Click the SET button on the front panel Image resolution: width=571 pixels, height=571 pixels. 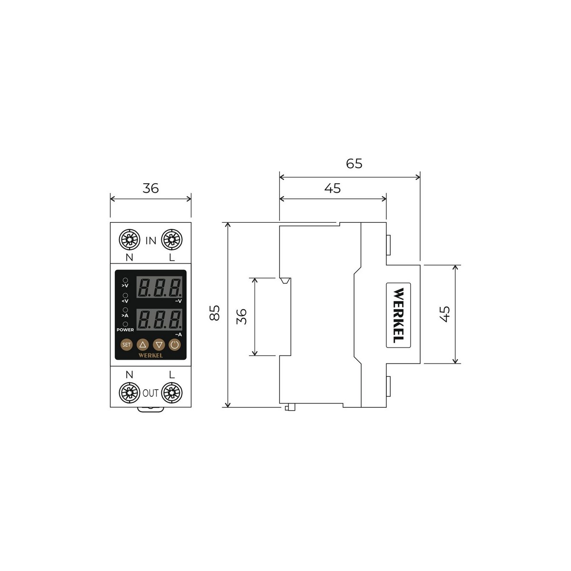126,345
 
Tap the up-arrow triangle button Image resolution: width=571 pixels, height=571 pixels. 143,345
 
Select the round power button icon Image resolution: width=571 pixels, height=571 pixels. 175,345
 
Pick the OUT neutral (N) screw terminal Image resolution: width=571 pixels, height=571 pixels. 129,393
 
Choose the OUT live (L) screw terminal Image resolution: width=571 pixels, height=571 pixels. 171,393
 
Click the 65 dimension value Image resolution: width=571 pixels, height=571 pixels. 354,164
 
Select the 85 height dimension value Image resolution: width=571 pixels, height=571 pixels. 215,313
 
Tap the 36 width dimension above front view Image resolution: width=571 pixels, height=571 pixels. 150,188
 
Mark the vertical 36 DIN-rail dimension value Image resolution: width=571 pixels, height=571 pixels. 242,316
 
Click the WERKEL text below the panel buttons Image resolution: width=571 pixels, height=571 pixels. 150,355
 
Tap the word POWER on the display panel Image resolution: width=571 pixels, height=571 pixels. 125,329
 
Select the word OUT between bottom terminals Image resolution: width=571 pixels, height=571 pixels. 150,394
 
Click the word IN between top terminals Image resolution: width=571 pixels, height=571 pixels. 150,241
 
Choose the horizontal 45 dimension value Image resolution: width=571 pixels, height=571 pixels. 333,188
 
